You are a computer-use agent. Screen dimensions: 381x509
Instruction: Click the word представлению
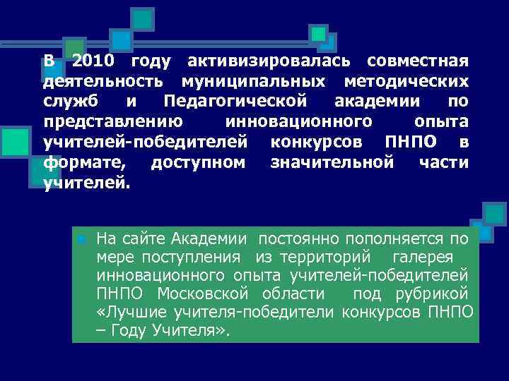coord(112,121)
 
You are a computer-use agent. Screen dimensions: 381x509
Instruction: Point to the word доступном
coord(199,163)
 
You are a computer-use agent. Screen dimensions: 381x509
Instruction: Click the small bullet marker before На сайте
coord(81,240)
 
